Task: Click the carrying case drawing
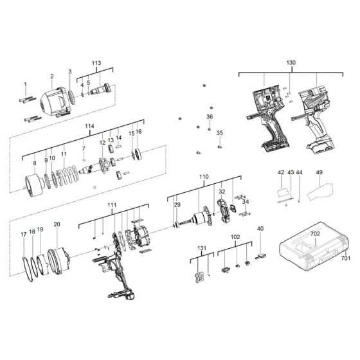click(x=310, y=256)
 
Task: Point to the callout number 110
click(x=203, y=175)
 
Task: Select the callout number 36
click(x=209, y=116)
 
